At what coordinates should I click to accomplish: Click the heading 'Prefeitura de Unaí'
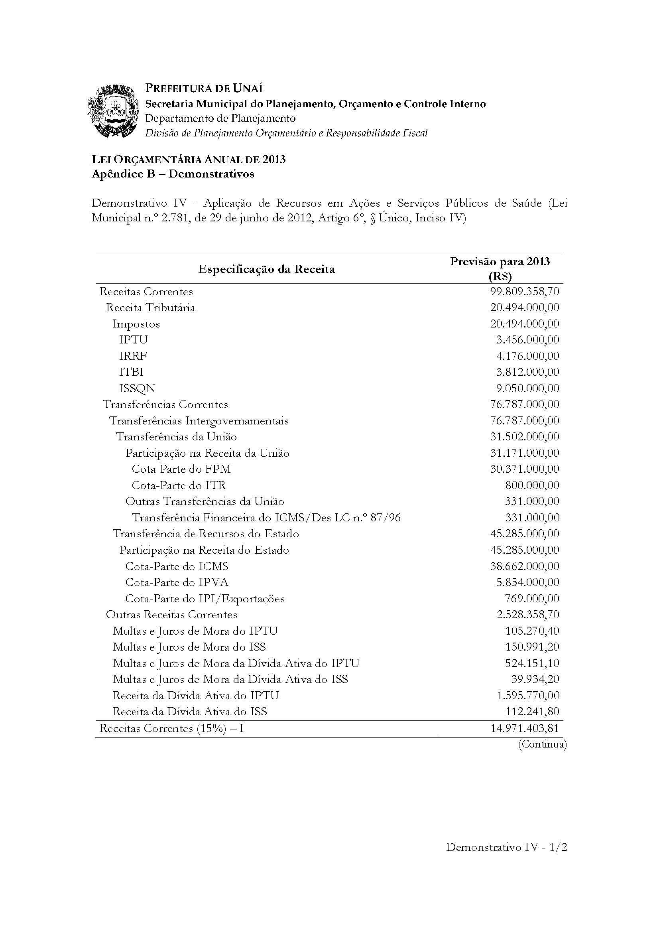(x=204, y=88)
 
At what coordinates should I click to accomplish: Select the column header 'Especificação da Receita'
(x=266, y=269)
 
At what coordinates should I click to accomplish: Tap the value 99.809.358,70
(x=525, y=291)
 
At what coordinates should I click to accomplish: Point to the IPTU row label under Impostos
(x=133, y=339)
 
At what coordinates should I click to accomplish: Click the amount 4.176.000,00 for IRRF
(x=527, y=356)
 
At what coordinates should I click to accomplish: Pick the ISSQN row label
(x=137, y=388)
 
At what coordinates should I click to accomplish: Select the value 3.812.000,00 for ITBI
(x=527, y=372)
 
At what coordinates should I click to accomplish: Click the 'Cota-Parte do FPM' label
(x=181, y=469)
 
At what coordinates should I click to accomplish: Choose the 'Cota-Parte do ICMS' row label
(x=177, y=566)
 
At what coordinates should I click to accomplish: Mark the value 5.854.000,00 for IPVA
(x=527, y=582)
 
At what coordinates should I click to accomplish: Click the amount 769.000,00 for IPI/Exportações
(x=532, y=599)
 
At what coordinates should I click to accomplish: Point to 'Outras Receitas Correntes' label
(x=171, y=614)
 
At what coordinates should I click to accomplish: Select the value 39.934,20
(x=535, y=679)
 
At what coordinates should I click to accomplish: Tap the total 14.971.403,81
(x=525, y=728)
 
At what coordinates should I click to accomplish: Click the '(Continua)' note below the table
(x=542, y=744)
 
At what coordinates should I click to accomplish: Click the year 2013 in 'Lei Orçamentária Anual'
(x=273, y=159)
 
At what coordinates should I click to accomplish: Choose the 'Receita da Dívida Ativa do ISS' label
(x=190, y=712)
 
